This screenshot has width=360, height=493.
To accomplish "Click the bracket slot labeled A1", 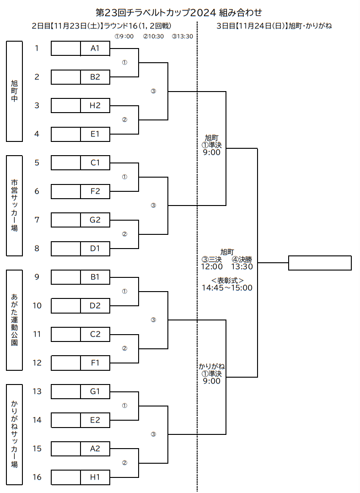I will [x=95, y=49].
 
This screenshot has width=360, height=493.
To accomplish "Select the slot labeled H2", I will [x=95, y=106].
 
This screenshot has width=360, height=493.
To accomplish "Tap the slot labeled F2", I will [x=95, y=191].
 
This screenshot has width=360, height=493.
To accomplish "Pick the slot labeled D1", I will [x=95, y=249].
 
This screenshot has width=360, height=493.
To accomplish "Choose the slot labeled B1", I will [x=95, y=277].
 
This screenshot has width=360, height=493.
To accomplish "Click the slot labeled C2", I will [x=95, y=334].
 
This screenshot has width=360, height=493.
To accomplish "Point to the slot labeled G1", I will [x=95, y=392].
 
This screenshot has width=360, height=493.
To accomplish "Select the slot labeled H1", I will [x=95, y=477].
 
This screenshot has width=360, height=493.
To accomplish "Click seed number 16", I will [x=37, y=477].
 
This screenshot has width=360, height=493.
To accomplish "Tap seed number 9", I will [x=37, y=277].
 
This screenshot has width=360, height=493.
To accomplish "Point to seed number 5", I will [x=37, y=163].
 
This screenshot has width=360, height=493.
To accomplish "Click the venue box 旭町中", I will [x=14, y=92].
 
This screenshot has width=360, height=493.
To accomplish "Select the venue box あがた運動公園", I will [x=14, y=320].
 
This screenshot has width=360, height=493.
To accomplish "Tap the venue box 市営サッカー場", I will [x=14, y=206].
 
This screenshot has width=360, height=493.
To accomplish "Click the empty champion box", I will [x=320, y=263].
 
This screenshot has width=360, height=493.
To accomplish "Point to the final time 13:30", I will [x=242, y=266].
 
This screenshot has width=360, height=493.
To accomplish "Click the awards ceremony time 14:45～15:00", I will [x=227, y=287].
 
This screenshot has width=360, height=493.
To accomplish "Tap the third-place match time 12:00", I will [x=212, y=266].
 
